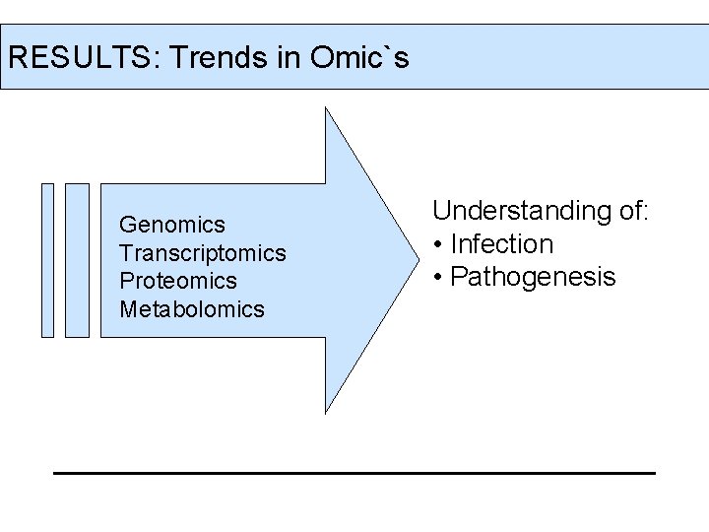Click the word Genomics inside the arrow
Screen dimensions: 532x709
click(x=171, y=225)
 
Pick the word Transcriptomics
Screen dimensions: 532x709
click(x=202, y=253)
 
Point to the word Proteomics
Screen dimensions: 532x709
click(x=177, y=281)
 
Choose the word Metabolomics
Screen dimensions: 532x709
click(x=191, y=309)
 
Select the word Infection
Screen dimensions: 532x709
click(x=501, y=243)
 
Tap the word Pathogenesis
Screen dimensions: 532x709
click(x=532, y=277)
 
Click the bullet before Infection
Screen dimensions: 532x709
click(x=437, y=244)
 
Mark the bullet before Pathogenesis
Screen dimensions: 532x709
click(x=437, y=278)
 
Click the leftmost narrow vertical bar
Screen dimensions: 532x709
click(x=47, y=260)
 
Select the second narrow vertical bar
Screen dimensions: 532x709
click(x=77, y=260)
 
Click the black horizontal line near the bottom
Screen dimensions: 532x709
click(x=354, y=473)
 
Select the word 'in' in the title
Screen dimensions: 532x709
click(x=287, y=57)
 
